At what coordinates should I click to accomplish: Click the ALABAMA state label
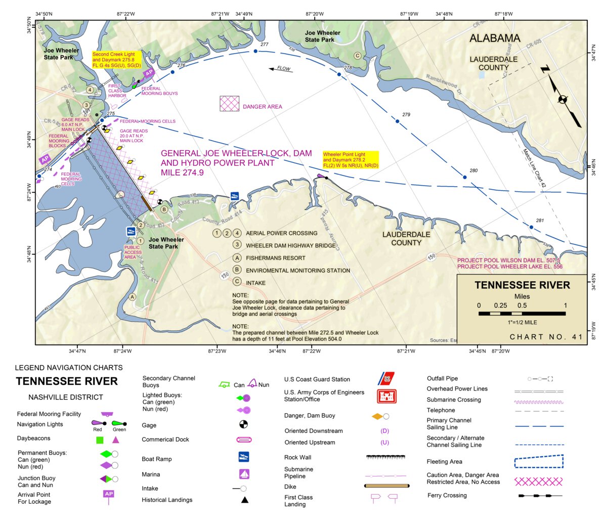click(494, 38)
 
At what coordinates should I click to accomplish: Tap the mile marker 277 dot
click(255, 51)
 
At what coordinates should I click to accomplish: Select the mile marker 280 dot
click(464, 177)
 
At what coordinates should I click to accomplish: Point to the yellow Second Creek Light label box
click(116, 60)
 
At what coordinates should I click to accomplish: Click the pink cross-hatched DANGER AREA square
click(229, 104)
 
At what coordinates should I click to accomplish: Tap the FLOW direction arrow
click(280, 69)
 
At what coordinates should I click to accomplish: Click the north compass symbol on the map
click(562, 99)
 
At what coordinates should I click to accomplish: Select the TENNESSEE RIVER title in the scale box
click(522, 285)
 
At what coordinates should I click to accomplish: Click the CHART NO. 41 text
click(546, 337)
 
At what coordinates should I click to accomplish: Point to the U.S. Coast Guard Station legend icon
click(386, 379)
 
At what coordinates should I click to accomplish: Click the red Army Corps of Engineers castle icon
click(386, 396)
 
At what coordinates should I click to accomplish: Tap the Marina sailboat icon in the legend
click(244, 474)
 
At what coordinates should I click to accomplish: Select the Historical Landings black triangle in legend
click(244, 500)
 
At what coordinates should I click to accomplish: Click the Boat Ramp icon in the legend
click(244, 457)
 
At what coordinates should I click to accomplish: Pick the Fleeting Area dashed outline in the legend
click(538, 461)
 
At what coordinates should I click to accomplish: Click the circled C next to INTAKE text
click(237, 282)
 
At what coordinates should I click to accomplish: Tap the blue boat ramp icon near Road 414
click(234, 196)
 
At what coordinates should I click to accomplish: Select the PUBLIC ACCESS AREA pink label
click(133, 252)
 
